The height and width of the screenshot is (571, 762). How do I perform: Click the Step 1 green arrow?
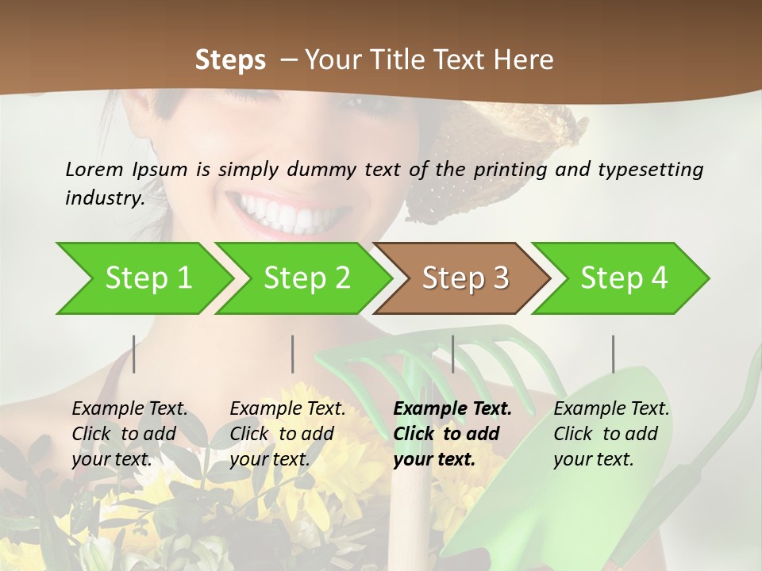147,278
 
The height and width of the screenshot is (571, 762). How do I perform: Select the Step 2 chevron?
306,278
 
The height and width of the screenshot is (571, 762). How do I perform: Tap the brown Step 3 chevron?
464,278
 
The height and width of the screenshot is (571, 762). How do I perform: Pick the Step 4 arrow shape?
623,278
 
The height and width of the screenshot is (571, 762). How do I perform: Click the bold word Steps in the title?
230,59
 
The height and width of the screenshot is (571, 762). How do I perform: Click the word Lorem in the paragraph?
94,169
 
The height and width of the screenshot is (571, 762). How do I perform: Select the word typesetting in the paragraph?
650,169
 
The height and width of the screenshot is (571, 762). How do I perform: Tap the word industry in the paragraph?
103,197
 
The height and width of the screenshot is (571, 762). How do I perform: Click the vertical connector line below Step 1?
134,354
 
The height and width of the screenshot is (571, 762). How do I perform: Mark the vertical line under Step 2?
293,354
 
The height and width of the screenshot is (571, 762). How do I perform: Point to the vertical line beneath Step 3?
453,354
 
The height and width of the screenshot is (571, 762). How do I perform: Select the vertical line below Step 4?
614,354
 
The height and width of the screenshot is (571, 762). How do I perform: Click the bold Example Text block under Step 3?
451,434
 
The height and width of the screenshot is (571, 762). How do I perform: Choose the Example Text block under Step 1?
129,434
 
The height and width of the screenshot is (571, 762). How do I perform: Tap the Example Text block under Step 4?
610,434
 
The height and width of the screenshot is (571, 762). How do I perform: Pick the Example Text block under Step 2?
287,434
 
